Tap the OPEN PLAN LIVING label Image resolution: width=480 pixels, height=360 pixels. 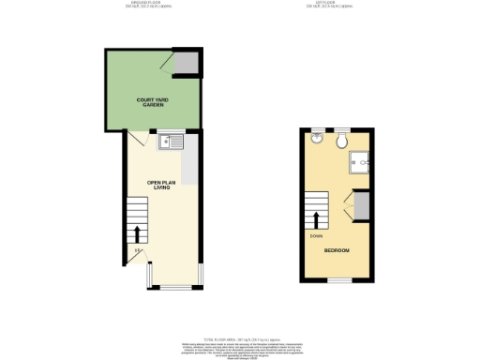[161, 185]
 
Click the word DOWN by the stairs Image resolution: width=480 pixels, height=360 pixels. [316, 236]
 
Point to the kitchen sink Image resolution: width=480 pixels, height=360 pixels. [172, 142]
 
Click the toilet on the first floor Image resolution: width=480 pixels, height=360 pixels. [343, 141]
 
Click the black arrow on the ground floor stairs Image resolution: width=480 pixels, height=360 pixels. [138, 232]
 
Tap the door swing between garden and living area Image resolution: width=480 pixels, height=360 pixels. [134, 140]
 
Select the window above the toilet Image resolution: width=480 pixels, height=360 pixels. [343, 129]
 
